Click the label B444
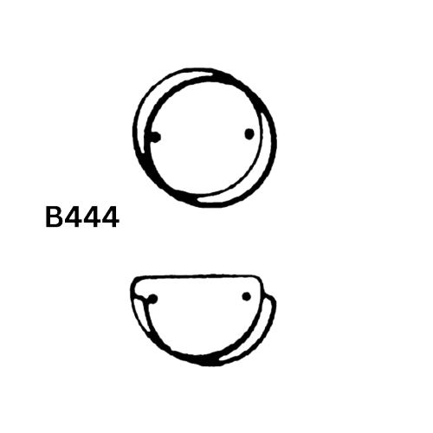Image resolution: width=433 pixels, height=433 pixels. [x=82, y=217]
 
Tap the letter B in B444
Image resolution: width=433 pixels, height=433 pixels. [x=54, y=217]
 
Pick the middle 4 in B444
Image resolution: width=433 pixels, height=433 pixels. [x=91, y=217]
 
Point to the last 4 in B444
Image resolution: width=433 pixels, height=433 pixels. [x=110, y=217]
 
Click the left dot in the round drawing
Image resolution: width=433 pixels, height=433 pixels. [x=156, y=137]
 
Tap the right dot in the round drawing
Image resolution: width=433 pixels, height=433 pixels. [x=249, y=133]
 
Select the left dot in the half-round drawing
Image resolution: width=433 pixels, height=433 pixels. [x=153, y=299]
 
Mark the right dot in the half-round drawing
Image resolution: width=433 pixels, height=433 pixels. [x=246, y=296]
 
